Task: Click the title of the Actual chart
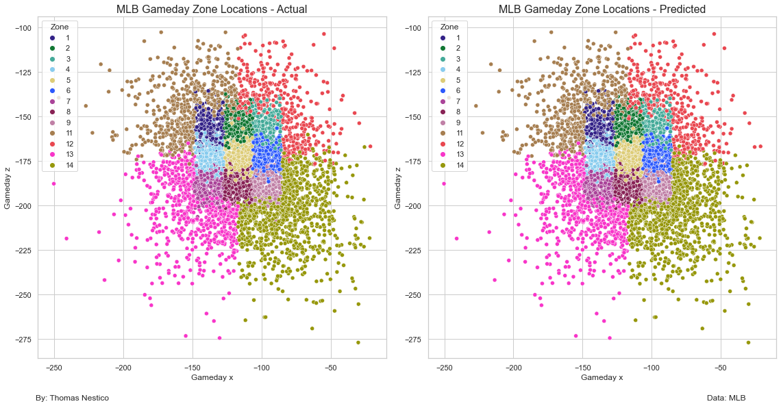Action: (212, 9)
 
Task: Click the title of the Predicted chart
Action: (602, 9)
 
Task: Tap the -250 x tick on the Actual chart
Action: (54, 368)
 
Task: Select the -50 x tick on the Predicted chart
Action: (721, 368)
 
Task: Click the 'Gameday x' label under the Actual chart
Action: (212, 378)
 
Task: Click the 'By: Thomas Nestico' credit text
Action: (72, 398)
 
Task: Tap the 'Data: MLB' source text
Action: (726, 398)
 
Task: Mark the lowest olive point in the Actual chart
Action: (358, 342)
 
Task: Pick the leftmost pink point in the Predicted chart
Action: (444, 183)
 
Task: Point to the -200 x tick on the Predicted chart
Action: (514, 368)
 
